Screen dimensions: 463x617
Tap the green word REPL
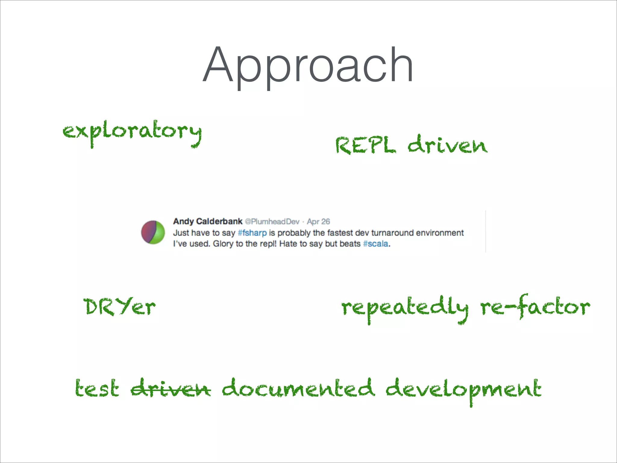click(x=365, y=145)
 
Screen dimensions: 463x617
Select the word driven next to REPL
click(x=448, y=145)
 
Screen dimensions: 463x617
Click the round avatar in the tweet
click(x=153, y=232)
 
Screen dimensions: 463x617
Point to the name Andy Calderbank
click(x=208, y=222)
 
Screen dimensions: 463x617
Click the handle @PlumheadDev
click(x=272, y=222)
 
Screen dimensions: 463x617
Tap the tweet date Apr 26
click(x=318, y=222)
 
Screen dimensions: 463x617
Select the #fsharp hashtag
click(x=252, y=233)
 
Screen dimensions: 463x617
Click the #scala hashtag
click(x=376, y=244)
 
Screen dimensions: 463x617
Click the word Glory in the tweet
click(x=223, y=244)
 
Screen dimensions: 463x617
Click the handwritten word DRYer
click(x=120, y=307)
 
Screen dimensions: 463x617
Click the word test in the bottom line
click(x=97, y=389)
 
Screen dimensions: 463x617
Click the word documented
click(x=298, y=388)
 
